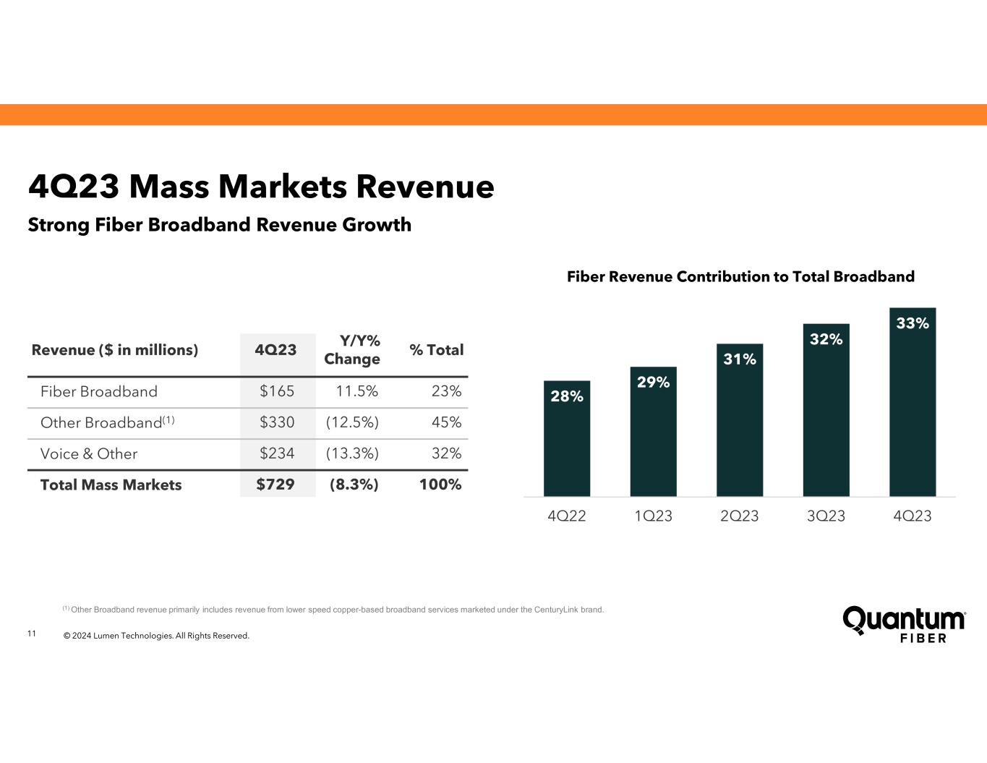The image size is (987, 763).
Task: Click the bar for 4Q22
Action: click(x=566, y=438)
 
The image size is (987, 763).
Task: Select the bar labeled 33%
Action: click(x=912, y=402)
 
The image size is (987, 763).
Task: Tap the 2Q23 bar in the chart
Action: click(x=739, y=420)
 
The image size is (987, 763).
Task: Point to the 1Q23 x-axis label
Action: click(x=653, y=516)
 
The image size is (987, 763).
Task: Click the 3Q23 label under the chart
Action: click(x=826, y=516)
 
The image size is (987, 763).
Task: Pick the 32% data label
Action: click(x=826, y=339)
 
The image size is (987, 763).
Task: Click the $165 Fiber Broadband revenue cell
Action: click(x=277, y=391)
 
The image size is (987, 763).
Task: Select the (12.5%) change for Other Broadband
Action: click(x=351, y=422)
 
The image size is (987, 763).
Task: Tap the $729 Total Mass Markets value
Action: click(x=275, y=485)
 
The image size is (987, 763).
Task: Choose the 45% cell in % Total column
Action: click(x=446, y=422)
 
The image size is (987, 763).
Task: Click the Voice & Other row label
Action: click(x=89, y=453)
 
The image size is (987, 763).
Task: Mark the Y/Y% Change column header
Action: click(x=352, y=349)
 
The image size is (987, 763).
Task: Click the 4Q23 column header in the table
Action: click(x=275, y=350)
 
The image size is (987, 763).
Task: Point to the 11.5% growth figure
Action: click(x=357, y=391)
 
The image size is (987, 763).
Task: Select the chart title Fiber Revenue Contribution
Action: click(x=740, y=276)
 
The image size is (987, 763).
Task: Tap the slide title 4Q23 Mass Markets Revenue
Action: click(x=261, y=187)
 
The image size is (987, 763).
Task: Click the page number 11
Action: click(x=31, y=634)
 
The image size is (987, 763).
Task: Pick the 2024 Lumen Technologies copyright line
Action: click(x=156, y=636)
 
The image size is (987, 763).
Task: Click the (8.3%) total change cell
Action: click(x=354, y=485)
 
